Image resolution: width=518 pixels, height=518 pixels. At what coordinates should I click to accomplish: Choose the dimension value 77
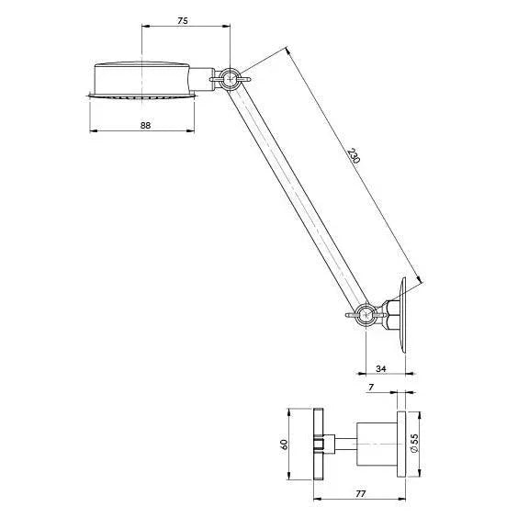(361, 494)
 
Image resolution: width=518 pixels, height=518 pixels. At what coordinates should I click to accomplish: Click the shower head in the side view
(143, 77)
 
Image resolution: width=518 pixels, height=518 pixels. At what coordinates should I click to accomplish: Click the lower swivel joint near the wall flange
(366, 314)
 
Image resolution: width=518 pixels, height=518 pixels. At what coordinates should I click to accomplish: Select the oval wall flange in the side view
(403, 314)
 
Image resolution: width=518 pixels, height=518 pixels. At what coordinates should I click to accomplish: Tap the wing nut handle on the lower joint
(352, 316)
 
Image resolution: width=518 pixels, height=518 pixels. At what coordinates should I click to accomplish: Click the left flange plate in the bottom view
(319, 445)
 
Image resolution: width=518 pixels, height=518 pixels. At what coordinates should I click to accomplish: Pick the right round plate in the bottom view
(401, 445)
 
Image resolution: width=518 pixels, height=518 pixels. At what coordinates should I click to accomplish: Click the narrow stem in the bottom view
(341, 445)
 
